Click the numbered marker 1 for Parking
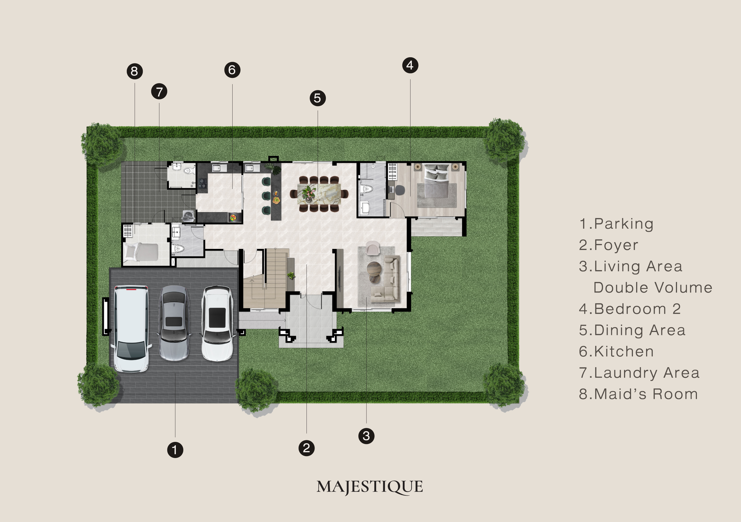click(175, 450)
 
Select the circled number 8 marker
click(135, 71)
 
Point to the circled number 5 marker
click(318, 98)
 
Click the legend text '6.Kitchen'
click(616, 351)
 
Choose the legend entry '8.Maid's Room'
click(638, 394)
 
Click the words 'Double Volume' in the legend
click(653, 287)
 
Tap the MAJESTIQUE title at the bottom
click(369, 487)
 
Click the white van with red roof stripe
click(131, 328)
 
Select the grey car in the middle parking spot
click(174, 323)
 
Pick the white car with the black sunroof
click(217, 323)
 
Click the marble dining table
click(319, 194)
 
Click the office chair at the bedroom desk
click(400, 190)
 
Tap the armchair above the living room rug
click(373, 248)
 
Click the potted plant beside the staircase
click(291, 275)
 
